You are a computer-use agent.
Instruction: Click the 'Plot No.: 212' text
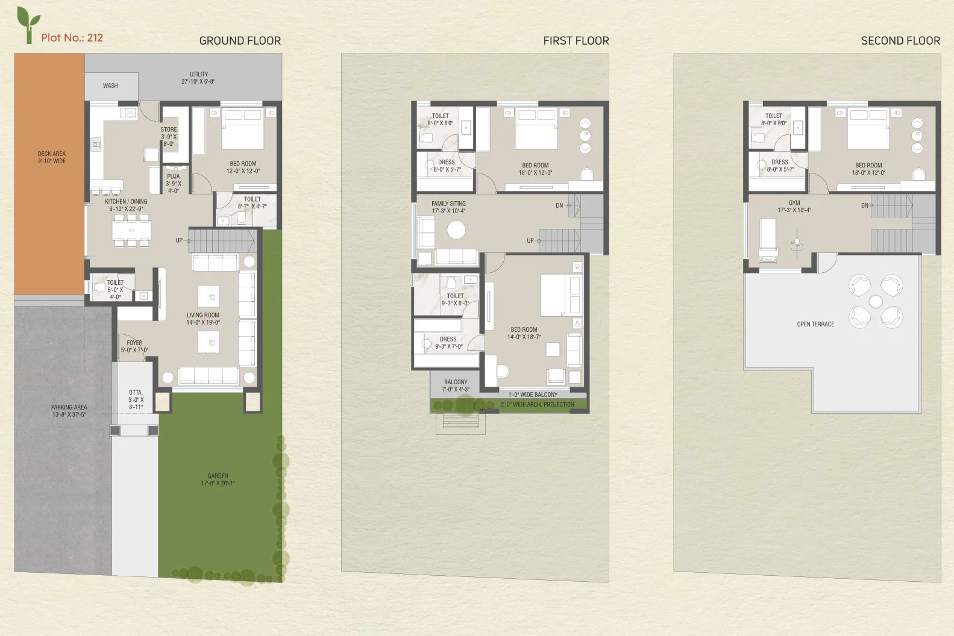72,38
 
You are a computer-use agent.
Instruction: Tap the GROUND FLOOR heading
240,41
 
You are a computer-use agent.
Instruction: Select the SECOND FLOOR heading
900,41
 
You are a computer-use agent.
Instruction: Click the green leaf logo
28,25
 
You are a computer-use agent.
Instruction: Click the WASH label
110,86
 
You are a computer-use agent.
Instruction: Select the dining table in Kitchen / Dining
131,230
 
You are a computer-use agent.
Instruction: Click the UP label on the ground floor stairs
180,240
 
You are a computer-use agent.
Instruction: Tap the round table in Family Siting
456,230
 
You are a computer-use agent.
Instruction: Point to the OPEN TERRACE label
815,325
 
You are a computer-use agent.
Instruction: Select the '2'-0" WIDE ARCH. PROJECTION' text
537,404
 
